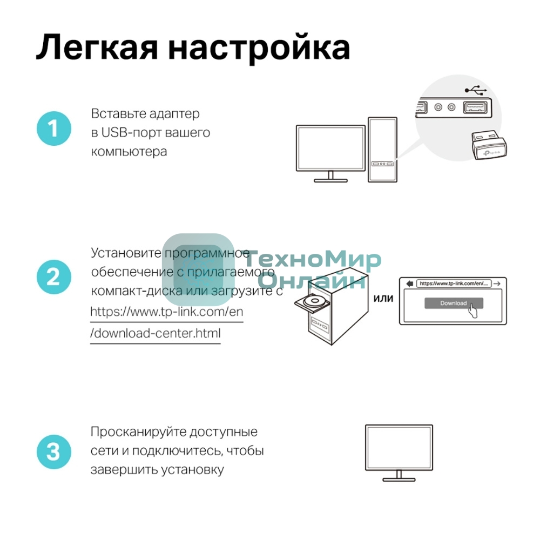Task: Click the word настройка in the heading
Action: [259, 47]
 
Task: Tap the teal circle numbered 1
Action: [53, 129]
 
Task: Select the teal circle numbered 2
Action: [53, 278]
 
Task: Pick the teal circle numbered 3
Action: [53, 451]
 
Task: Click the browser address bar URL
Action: [454, 283]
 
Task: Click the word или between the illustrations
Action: [383, 298]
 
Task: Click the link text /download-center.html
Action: [156, 333]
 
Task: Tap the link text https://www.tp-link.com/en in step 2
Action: [167, 312]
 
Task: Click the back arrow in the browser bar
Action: [409, 283]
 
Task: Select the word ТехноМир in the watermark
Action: [319, 261]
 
